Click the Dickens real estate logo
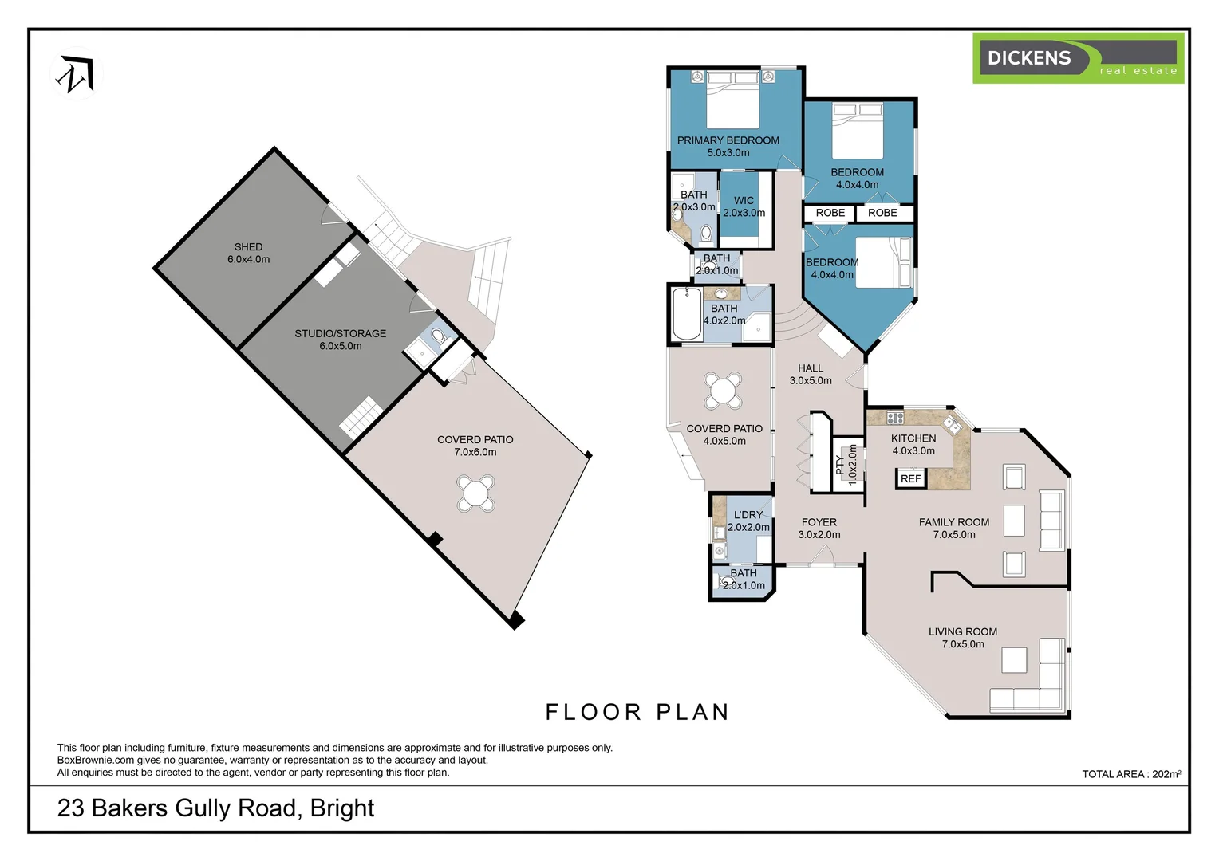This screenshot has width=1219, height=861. point(1078,58)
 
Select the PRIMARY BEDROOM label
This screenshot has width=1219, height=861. point(728,140)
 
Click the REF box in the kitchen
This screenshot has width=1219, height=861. point(910,478)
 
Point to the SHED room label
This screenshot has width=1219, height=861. point(248,247)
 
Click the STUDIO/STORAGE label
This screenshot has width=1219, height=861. point(340,333)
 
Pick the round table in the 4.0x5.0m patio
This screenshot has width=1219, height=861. point(723,391)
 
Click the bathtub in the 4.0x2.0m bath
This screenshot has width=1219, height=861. point(686,314)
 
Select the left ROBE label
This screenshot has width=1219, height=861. point(830,213)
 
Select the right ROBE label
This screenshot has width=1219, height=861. point(882,213)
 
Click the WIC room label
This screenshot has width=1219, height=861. point(744,201)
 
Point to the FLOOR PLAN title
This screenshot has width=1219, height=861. point(637,712)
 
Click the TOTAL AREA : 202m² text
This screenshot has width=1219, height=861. point(1130,773)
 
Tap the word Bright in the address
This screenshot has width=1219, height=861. point(342,808)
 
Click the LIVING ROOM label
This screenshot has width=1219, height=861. point(962,631)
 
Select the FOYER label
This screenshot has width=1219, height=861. point(819,522)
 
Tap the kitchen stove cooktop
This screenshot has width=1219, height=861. point(895,417)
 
